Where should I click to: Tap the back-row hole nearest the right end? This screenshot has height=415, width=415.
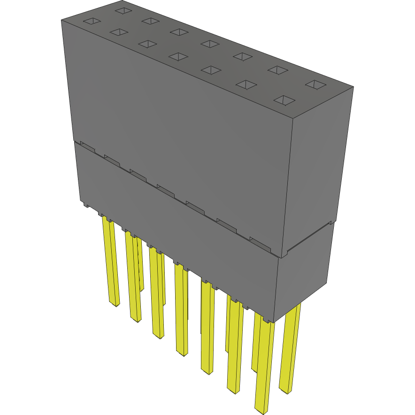(x=315, y=85)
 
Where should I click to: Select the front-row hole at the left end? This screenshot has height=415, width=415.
(x=92, y=21)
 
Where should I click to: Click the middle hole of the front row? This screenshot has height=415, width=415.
(x=177, y=57)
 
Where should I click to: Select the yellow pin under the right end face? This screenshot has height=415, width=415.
(x=290, y=347)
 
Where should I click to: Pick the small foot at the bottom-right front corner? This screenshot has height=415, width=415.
(x=268, y=320)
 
